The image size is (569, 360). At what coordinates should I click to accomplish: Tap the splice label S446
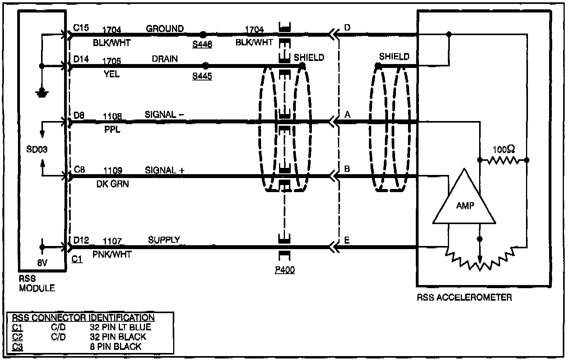click(x=202, y=45)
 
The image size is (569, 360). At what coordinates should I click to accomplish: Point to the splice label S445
click(x=202, y=76)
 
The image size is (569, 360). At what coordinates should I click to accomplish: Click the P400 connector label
click(x=284, y=270)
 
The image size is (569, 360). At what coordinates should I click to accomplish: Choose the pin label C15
click(x=81, y=28)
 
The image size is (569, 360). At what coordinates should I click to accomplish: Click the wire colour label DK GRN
click(x=113, y=184)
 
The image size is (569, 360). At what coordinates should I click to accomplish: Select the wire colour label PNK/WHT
click(x=112, y=254)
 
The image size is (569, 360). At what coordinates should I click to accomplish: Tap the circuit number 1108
click(x=112, y=116)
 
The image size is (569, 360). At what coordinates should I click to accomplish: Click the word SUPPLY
click(x=164, y=240)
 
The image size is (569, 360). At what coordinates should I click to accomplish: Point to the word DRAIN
click(x=165, y=59)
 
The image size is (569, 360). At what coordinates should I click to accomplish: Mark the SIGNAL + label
click(x=165, y=170)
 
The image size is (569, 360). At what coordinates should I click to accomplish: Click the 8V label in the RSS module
click(x=42, y=263)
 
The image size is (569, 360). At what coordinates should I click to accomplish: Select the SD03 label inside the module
click(x=37, y=149)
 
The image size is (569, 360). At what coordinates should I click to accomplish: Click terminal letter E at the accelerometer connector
click(x=347, y=240)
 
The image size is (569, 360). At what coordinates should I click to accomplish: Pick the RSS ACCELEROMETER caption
click(x=464, y=298)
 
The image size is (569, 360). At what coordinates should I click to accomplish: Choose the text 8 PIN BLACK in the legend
click(x=115, y=346)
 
